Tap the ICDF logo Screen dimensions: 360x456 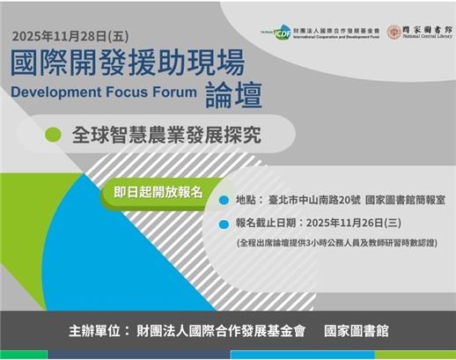tap(282, 32)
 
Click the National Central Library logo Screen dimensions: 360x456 tap(421, 32)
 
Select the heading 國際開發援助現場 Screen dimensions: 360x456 tap(128, 65)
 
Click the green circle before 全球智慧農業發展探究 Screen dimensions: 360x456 tap(53, 136)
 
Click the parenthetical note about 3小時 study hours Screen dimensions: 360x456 tap(336, 241)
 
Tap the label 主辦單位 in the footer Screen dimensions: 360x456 tap(98, 331)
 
